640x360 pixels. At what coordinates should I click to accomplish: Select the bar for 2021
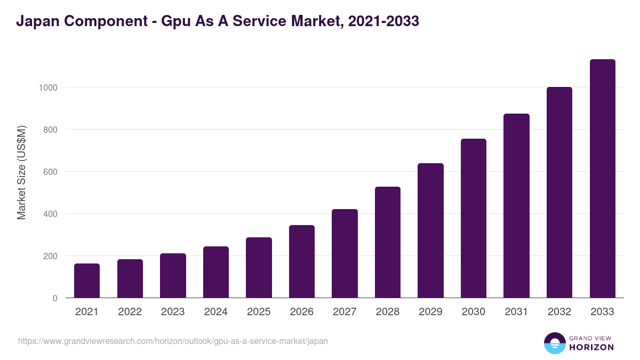click(x=87, y=281)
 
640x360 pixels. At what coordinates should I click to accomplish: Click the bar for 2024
click(x=216, y=272)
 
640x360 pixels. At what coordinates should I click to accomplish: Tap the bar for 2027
click(x=345, y=253)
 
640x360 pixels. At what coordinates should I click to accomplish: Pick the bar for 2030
click(x=474, y=218)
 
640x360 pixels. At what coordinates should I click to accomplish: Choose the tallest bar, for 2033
click(x=602, y=179)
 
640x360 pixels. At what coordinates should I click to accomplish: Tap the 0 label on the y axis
click(x=55, y=298)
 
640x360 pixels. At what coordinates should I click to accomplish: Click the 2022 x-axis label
click(x=130, y=312)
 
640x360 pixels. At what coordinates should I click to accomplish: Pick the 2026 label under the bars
click(x=302, y=312)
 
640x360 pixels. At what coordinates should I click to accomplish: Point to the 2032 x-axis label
click(x=559, y=312)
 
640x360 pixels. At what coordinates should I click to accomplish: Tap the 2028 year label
click(x=388, y=312)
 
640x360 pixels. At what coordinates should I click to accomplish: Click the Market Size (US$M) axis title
click(x=21, y=172)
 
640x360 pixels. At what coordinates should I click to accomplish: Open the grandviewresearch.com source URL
click(x=173, y=341)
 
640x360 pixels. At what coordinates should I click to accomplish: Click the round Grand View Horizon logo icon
click(x=555, y=343)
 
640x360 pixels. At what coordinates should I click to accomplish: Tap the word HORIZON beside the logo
click(x=591, y=347)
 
